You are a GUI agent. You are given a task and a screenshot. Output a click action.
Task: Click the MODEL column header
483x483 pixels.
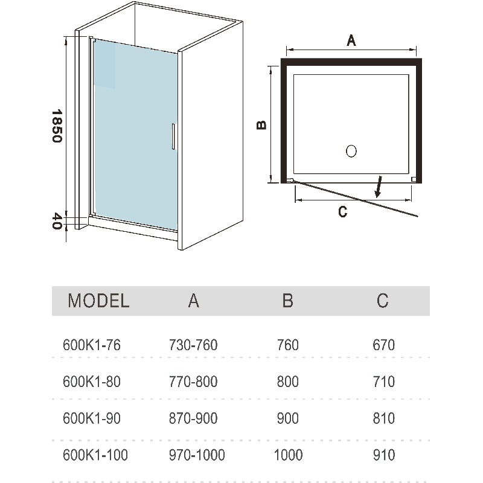pos(98,301)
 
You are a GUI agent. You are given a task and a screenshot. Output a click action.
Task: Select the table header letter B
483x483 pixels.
pos(288,301)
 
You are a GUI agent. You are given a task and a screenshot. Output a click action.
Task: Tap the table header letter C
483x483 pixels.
pos(383,301)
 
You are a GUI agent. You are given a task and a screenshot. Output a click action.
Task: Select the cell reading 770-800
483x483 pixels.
pos(193,382)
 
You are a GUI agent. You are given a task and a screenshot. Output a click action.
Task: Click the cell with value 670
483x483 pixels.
pos(384,345)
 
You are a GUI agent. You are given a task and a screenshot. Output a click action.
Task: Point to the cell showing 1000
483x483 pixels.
pos(288,455)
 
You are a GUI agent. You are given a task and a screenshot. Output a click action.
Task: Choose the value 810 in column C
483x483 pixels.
pos(384,418)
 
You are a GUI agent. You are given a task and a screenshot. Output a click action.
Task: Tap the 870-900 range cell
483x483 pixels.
pos(193,418)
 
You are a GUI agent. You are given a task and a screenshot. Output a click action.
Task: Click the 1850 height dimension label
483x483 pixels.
pos(56,126)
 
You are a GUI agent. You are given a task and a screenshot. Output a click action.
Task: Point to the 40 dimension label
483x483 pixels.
pos(56,220)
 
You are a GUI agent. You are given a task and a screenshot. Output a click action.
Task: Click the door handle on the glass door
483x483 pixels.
pos(173,136)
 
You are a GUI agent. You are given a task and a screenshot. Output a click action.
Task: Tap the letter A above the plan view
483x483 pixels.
pos(351,41)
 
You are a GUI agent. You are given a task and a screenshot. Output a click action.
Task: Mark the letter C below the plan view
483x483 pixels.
pos(342,211)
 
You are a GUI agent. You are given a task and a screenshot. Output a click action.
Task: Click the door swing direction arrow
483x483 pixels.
pos(379,187)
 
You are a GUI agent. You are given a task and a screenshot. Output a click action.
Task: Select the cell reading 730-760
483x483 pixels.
pos(193,345)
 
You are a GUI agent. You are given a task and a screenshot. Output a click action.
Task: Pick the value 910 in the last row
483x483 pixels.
pos(384,455)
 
